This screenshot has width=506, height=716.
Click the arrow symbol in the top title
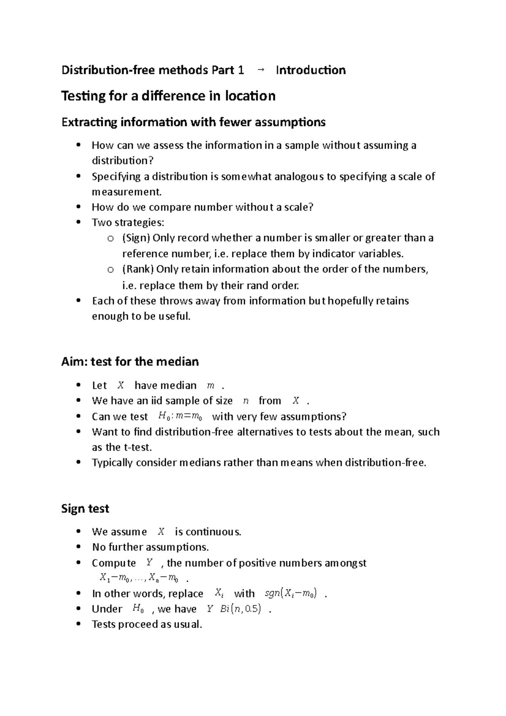point(260,70)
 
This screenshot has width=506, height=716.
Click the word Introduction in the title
point(310,70)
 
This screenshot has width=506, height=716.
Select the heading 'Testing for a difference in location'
point(168,96)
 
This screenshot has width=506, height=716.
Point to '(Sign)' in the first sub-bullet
point(136,238)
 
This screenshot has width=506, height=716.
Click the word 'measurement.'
point(126,192)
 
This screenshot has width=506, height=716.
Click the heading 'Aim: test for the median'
point(130,362)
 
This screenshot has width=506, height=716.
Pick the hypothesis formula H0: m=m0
point(180,417)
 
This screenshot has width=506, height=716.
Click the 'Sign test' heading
point(85,509)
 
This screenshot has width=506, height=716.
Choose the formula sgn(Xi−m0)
point(291,594)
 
